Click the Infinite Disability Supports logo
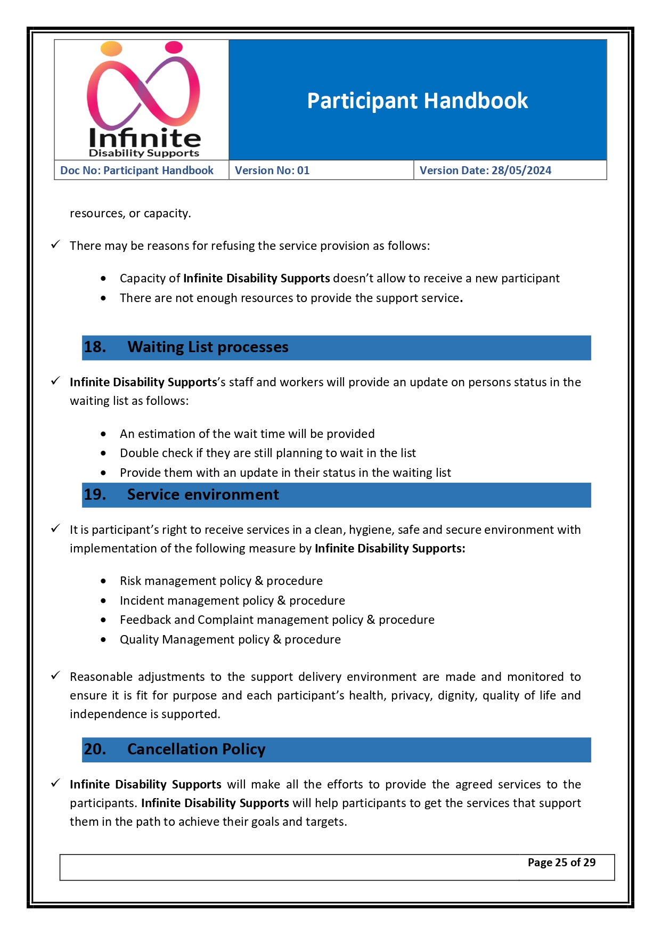[x=143, y=100]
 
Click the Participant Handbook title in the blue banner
[x=417, y=101]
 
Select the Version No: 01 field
[x=272, y=170]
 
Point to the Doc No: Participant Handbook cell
[x=137, y=170]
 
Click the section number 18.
[x=95, y=347]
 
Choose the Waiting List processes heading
[x=208, y=347]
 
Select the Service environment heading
[x=203, y=495]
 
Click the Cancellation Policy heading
[x=196, y=750]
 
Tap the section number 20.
[x=95, y=750]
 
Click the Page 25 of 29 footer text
[x=561, y=863]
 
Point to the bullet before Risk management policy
[x=103, y=581]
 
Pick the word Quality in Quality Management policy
[x=139, y=640]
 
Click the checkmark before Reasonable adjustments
[x=55, y=676]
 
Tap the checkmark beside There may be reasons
[x=55, y=245]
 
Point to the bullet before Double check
[x=103, y=453]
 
